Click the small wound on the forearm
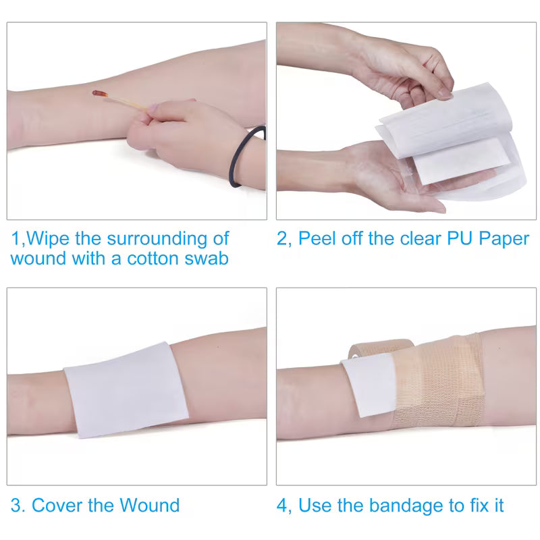[x=99, y=93]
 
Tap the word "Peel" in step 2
[x=320, y=239]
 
